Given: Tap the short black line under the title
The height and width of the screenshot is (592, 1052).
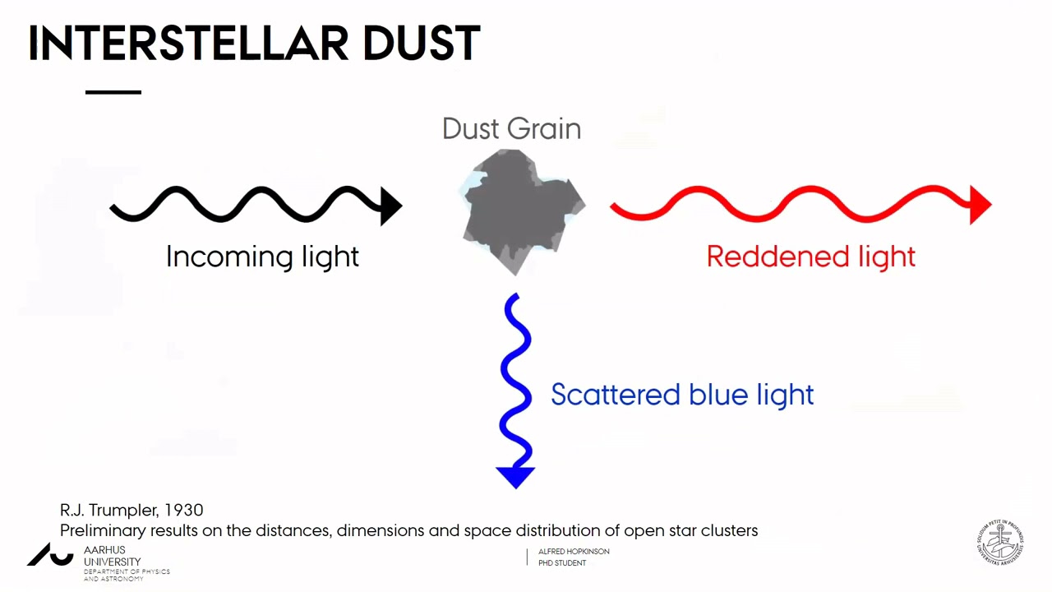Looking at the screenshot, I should click(113, 92).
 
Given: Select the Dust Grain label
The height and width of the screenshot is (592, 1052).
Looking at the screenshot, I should click(511, 129).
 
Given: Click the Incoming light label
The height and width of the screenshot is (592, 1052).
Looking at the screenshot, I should click(262, 257).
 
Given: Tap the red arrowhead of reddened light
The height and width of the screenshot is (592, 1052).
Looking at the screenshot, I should click(980, 205).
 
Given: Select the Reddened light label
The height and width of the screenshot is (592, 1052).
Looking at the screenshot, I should click(810, 257).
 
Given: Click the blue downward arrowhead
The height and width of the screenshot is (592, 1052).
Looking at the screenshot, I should click(515, 476).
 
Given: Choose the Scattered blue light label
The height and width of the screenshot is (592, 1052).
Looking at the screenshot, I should click(682, 395).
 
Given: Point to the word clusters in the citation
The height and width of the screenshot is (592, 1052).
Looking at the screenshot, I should click(729, 530).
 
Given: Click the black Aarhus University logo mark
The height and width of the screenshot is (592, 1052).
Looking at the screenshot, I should click(50, 555).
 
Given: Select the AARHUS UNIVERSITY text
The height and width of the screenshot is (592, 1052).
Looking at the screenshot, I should click(112, 556).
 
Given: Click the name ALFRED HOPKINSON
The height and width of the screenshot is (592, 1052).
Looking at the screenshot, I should click(574, 551).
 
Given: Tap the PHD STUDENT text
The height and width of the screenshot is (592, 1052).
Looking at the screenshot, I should click(562, 563).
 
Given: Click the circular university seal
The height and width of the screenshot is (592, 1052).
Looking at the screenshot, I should click(1000, 542).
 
